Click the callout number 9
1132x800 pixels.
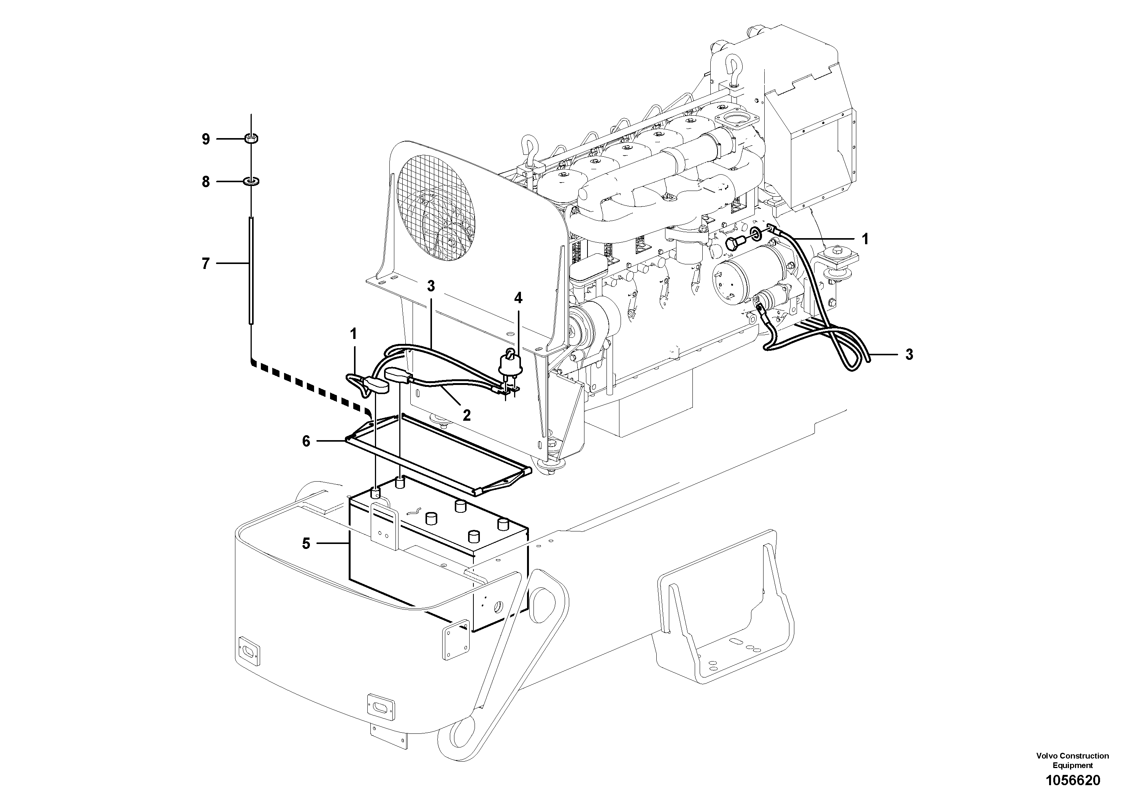pyautogui.click(x=206, y=139)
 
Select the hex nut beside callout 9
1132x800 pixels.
pyautogui.click(x=251, y=138)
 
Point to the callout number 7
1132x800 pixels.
pyautogui.click(x=206, y=264)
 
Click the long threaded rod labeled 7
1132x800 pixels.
pyautogui.click(x=251, y=271)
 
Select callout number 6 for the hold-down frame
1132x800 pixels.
pyautogui.click(x=306, y=441)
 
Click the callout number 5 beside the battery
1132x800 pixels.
pyautogui.click(x=306, y=544)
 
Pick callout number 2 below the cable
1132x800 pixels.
pyautogui.click(x=467, y=415)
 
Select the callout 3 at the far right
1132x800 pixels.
pyautogui.click(x=909, y=354)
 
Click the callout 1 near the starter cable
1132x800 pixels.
pyautogui.click(x=865, y=239)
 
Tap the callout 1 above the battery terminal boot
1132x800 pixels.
pyautogui.click(x=353, y=334)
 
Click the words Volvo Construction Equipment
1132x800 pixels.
pyautogui.click(x=1072, y=760)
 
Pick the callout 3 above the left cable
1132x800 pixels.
pyautogui.click(x=431, y=286)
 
